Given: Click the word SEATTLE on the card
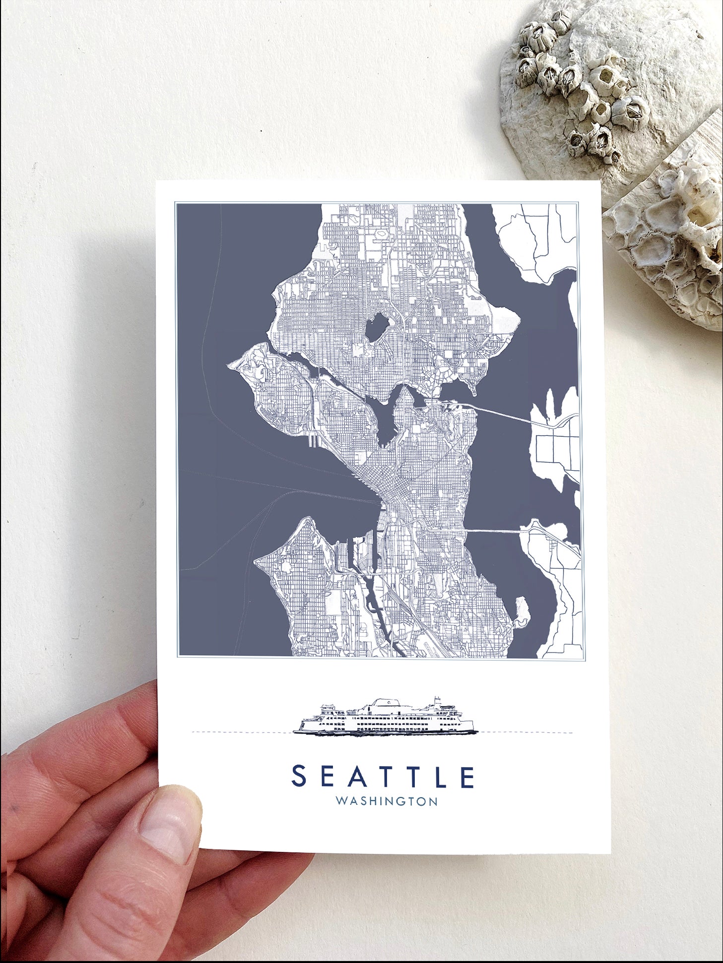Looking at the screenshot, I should pos(383,777).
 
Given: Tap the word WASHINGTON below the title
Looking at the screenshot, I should pos(387,801).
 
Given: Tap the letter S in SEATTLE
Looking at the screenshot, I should pos(299,777).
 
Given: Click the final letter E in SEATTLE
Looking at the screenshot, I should pos(467,777).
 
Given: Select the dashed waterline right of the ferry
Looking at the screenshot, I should pos(526,732).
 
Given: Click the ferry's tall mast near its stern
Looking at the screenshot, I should pos(437,702).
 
